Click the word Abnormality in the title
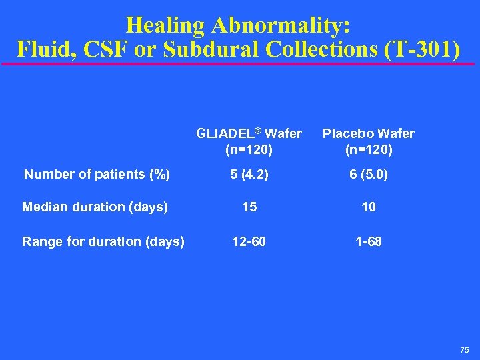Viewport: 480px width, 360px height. tap(281, 25)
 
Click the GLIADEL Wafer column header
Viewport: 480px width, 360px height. tap(249, 133)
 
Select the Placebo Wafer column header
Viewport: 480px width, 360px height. tap(369, 133)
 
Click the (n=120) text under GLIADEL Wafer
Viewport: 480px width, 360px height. tap(249, 149)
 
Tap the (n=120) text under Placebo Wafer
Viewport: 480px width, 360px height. tap(369, 149)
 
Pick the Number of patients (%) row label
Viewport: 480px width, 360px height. tap(97, 175)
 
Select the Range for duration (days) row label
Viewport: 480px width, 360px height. tap(103, 241)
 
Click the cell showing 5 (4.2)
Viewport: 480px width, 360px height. tap(249, 175)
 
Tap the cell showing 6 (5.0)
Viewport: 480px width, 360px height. tap(369, 175)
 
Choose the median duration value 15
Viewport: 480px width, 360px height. tap(249, 207)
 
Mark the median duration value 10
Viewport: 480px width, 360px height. tap(369, 207)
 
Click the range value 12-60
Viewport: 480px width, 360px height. tap(249, 241)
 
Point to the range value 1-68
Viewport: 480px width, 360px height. tap(369, 241)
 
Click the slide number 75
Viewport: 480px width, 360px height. tap(464, 350)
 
